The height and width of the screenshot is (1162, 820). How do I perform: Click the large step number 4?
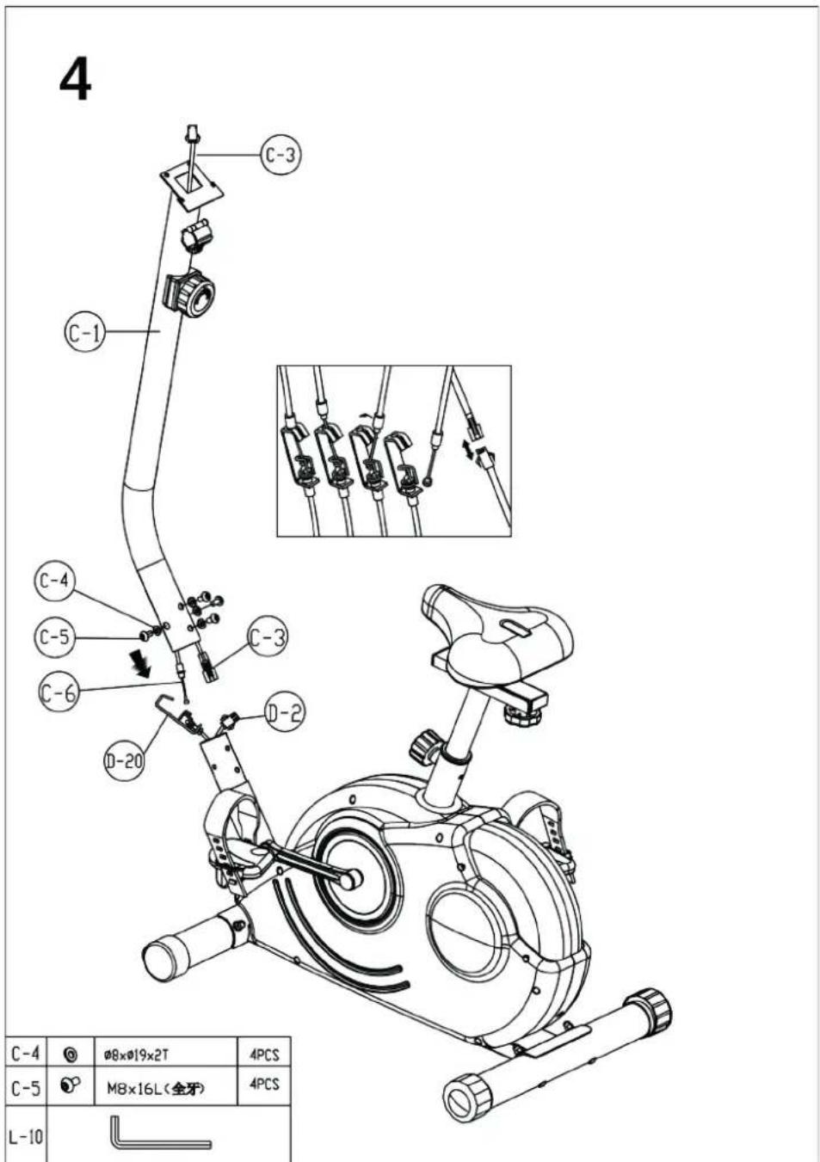(76, 81)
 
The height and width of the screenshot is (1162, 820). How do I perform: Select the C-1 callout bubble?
(84, 332)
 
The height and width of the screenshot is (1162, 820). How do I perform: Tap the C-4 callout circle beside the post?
(53, 581)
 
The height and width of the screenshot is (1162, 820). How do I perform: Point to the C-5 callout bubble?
(54, 636)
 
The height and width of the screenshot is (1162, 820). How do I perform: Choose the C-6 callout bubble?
(59, 692)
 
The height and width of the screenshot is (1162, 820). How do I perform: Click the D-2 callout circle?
(284, 712)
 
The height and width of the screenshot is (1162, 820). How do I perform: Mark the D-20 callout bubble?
(124, 760)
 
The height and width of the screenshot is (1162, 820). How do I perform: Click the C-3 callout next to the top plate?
(281, 155)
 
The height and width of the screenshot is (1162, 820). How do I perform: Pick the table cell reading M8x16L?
(156, 1088)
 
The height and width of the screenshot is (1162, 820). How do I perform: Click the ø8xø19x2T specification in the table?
(142, 1054)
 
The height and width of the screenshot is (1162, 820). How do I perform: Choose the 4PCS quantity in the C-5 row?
(264, 1085)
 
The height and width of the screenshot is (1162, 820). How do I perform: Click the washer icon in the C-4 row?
(71, 1054)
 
